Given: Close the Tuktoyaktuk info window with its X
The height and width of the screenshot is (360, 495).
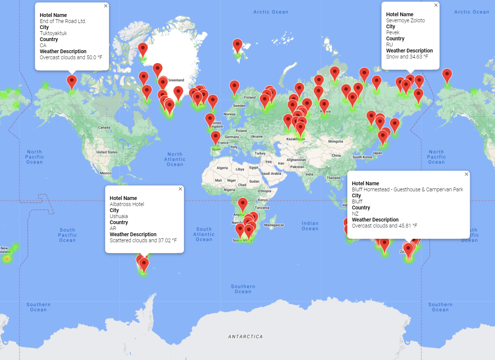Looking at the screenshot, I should point(106,6).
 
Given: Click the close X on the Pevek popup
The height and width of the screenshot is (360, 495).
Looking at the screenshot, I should point(436,5).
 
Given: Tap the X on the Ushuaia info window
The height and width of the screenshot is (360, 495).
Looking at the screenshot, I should point(180,189).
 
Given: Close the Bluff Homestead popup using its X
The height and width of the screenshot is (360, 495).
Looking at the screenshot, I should point(466,174).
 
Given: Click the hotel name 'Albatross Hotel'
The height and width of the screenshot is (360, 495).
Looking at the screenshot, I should point(127,204).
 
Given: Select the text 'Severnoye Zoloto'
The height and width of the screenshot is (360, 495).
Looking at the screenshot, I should point(405,20).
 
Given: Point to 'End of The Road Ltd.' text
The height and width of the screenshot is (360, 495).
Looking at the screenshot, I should point(63,21).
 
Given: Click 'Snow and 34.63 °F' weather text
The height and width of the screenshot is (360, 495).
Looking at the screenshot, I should point(407,57).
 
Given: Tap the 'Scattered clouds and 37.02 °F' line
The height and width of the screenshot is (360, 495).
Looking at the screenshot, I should point(143,240).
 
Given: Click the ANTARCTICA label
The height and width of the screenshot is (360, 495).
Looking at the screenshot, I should point(245,337).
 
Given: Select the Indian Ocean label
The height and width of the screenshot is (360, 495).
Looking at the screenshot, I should point(310,226).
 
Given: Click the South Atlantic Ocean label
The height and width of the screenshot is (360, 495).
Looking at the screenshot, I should point(204,234).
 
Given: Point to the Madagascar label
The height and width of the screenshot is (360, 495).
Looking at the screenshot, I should point(274,225).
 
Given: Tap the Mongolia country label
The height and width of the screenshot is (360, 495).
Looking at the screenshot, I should point(336,142).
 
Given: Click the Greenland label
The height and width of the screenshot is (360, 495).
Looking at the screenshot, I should point(176,80).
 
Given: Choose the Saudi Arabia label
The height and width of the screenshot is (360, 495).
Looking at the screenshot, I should point(271,174).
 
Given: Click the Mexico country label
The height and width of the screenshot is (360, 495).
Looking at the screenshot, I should point(106,173).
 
